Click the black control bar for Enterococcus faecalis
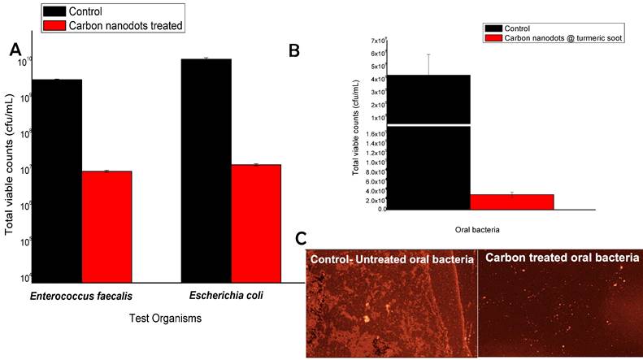57,179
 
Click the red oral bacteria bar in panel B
511,202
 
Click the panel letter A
15,50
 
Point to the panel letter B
294,50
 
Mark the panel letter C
301,239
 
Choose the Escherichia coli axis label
229,296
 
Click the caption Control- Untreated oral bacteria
391,258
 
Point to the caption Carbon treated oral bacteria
561,258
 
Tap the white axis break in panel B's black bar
428,125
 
